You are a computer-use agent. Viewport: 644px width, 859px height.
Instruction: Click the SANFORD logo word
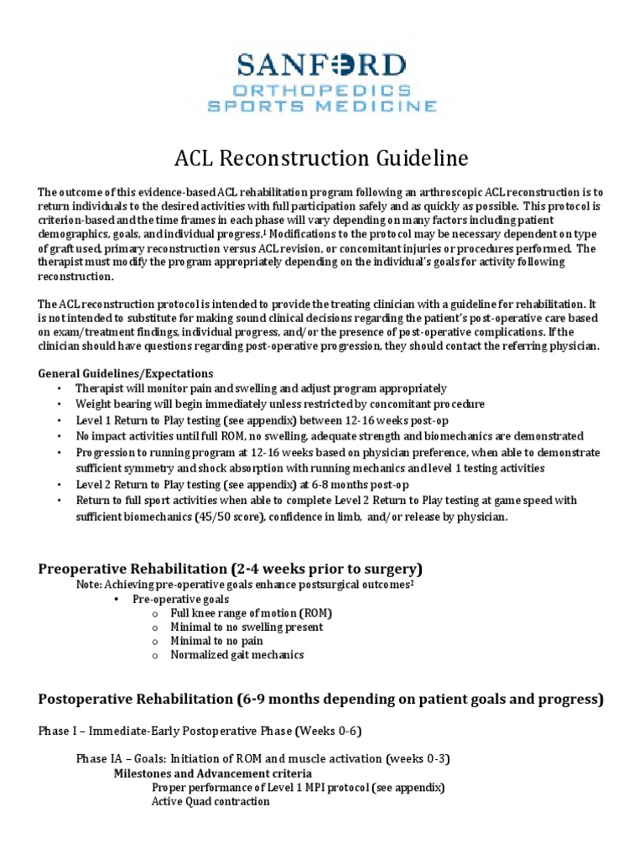[x=322, y=65]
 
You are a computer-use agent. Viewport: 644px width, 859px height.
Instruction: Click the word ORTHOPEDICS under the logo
[x=322, y=91]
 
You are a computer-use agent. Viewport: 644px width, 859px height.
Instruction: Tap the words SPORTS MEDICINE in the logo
[x=322, y=107]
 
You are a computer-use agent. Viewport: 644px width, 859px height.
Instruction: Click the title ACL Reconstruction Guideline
[x=320, y=159]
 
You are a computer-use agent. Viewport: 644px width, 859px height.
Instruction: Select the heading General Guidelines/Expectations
[x=126, y=372]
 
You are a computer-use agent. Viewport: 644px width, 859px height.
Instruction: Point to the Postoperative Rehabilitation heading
[x=320, y=698]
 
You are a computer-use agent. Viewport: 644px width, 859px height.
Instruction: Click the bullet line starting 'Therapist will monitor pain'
[x=261, y=388]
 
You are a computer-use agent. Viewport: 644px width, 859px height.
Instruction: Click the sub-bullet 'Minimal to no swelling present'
[x=247, y=627]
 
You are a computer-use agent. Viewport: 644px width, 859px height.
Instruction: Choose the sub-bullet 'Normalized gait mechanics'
[x=237, y=654]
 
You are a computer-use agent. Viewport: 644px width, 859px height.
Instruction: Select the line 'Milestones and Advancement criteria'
[x=213, y=773]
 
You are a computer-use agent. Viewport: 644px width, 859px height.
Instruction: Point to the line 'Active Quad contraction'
[x=210, y=801]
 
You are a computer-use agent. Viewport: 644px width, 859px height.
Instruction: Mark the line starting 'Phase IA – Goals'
[x=262, y=759]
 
